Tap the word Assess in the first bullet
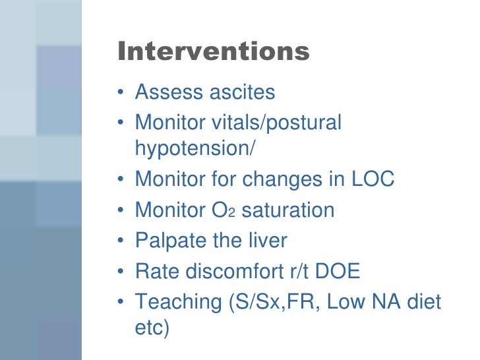click(168, 92)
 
